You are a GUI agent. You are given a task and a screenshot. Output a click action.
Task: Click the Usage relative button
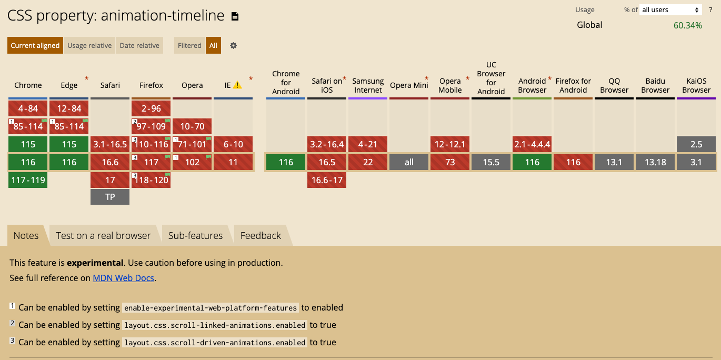[89, 45]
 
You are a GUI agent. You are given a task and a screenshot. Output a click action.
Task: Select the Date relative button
[139, 45]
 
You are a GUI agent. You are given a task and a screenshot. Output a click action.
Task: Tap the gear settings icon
[233, 46]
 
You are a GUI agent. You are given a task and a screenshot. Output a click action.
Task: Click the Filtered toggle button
[189, 45]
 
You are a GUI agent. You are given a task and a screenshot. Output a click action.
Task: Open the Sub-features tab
[195, 235]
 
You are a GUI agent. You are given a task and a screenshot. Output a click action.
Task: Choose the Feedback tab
[261, 235]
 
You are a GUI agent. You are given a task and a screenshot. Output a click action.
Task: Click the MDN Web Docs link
[123, 278]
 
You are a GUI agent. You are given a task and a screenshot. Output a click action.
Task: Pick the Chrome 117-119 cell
[28, 180]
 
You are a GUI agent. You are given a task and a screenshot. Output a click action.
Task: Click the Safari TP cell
[110, 197]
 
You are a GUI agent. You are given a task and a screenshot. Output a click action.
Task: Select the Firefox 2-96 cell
[151, 108]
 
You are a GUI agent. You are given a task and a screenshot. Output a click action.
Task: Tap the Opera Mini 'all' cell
[409, 162]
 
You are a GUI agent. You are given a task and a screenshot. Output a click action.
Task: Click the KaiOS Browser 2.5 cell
[696, 144]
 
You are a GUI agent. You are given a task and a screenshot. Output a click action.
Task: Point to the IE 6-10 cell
[233, 144]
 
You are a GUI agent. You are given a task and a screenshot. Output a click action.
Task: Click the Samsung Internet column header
[368, 85]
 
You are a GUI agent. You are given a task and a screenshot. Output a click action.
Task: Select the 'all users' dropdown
[670, 9]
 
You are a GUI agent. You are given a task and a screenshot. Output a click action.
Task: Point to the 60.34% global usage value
[687, 25]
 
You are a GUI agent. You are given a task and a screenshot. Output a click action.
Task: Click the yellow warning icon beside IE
[237, 85]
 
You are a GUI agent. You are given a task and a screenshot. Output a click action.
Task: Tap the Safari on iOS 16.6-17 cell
[327, 180]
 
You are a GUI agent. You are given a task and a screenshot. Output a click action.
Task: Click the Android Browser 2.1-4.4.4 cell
[532, 144]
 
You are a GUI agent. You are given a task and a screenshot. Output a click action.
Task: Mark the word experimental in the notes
[95, 263]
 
